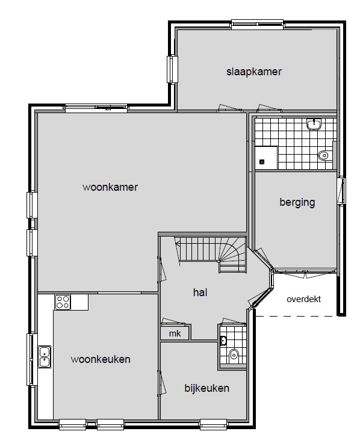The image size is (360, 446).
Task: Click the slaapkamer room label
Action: click(254, 72)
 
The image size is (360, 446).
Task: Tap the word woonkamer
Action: click(110, 187)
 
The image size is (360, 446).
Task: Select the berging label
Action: click(297, 203)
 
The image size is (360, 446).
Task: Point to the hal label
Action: click(200, 293)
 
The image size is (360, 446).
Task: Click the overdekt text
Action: click(303, 299)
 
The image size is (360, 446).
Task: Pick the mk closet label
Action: click(175, 333)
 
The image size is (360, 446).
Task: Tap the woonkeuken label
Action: click(101, 359)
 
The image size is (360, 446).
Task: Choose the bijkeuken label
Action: click(207, 388)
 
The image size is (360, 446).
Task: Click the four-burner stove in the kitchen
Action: click(63, 302)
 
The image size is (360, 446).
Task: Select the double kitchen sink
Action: click(45, 357)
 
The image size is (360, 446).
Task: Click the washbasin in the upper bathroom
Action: click(314, 124)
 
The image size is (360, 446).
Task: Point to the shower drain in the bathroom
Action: click(262, 162)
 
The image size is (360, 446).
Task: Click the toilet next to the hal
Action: click(234, 355)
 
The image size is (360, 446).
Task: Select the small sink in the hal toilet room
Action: click(223, 341)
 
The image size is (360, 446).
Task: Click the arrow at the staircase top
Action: click(178, 244)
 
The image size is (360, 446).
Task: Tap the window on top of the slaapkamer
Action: click(257, 24)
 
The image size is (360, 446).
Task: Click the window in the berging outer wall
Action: click(341, 191)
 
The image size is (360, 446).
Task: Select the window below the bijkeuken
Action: click(214, 424)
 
